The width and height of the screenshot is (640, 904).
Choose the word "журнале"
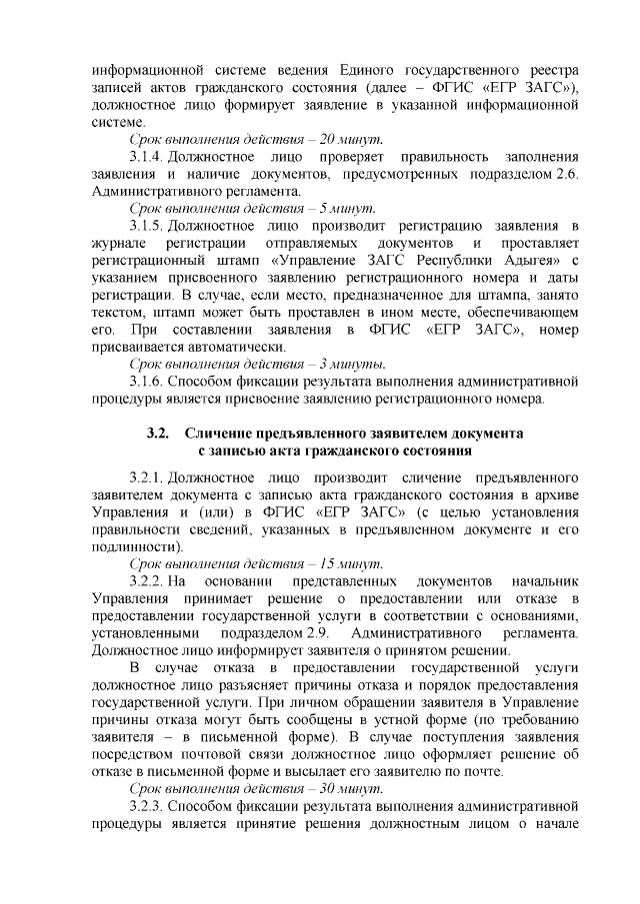[119, 247]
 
